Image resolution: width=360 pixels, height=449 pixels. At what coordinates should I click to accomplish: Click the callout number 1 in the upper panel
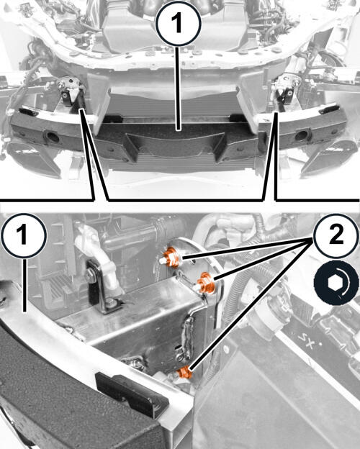pyautogui.click(x=178, y=24)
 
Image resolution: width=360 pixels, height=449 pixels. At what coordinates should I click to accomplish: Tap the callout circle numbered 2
pyautogui.click(x=336, y=235)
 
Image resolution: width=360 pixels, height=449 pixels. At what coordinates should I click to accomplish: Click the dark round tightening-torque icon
pyautogui.click(x=336, y=281)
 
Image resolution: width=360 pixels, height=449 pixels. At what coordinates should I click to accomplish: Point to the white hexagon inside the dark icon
pyautogui.click(x=335, y=282)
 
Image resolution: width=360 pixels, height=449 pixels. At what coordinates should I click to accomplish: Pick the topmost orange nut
pyautogui.click(x=171, y=257)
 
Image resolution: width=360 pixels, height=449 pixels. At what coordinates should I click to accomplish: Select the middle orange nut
pyautogui.click(x=206, y=283)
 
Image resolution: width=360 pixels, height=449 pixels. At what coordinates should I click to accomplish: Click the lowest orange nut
pyautogui.click(x=184, y=372)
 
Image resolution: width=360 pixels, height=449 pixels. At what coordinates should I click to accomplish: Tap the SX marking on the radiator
pyautogui.click(x=307, y=341)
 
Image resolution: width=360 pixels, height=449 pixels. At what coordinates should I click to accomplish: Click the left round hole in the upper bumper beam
pyautogui.click(x=52, y=137)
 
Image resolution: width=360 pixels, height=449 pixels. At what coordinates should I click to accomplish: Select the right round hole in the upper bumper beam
pyautogui.click(x=302, y=135)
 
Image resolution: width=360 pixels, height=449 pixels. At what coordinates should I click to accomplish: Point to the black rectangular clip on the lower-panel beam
pyautogui.click(x=131, y=394)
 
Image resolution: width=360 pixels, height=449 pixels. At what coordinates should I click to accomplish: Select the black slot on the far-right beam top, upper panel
pyautogui.click(x=330, y=109)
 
